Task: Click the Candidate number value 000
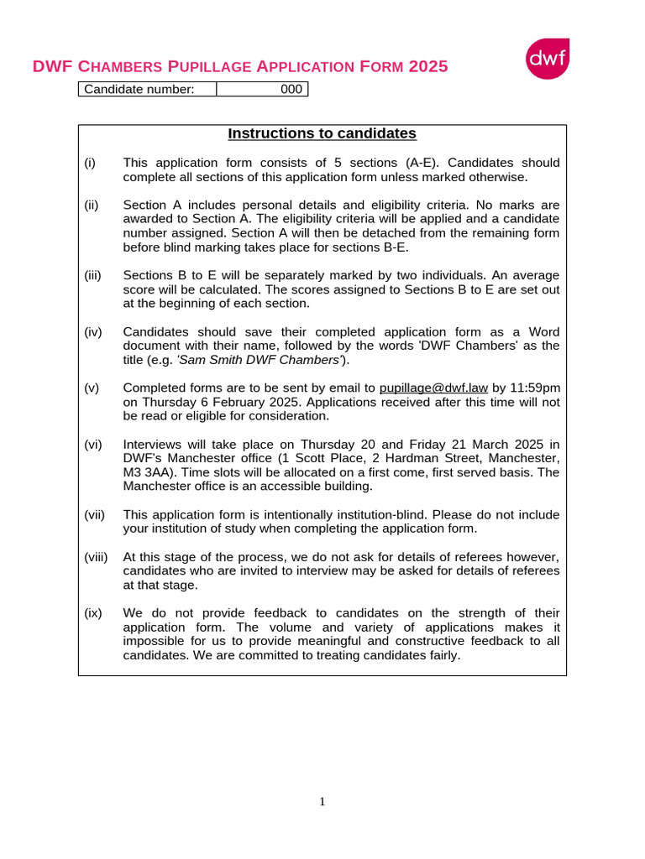coord(291,89)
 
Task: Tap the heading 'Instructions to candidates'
coord(322,133)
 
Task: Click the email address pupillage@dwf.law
coord(433,388)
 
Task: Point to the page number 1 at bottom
coord(322,802)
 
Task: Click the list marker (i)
coord(90,163)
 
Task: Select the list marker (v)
coord(92,388)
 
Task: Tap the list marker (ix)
coord(92,612)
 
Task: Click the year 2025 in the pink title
coord(427,67)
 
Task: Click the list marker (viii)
coord(96,557)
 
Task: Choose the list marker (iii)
coord(92,275)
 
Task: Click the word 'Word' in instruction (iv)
coord(544,331)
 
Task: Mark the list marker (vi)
coord(92,444)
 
